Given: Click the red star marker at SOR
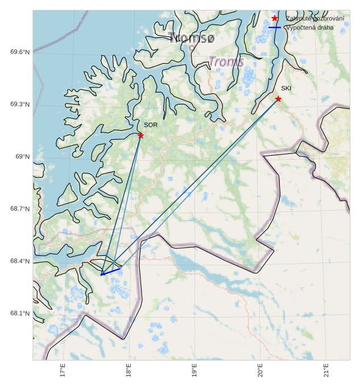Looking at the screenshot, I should tap(140, 135).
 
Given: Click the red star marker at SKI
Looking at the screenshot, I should tap(278, 99).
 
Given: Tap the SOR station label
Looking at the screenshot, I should tap(150, 124).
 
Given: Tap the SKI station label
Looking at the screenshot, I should tap(286, 88).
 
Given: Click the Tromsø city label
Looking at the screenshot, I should tap(192, 38).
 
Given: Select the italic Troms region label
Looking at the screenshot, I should tap(226, 61).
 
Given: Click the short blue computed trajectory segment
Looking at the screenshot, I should tap(111, 271).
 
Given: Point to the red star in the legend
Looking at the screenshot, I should tap(275, 19).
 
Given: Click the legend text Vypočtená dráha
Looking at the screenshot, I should tap(309, 27).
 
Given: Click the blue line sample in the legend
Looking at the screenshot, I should tap(275, 27).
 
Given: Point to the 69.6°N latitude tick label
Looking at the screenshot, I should tap(20, 52).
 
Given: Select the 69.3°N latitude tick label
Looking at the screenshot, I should tap(20, 105).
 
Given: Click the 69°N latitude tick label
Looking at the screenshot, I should tap(22, 157).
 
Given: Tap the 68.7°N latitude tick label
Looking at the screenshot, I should tap(20, 209).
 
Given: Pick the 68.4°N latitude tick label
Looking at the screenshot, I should tap(20, 261).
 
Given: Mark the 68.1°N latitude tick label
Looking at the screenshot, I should tap(20, 314).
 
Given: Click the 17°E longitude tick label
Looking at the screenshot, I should tap(63, 370).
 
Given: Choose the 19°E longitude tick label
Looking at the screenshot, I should tap(195, 370).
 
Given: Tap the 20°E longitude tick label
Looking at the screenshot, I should tap(260, 370).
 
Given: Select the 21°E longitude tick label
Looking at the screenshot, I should tap(326, 370).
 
